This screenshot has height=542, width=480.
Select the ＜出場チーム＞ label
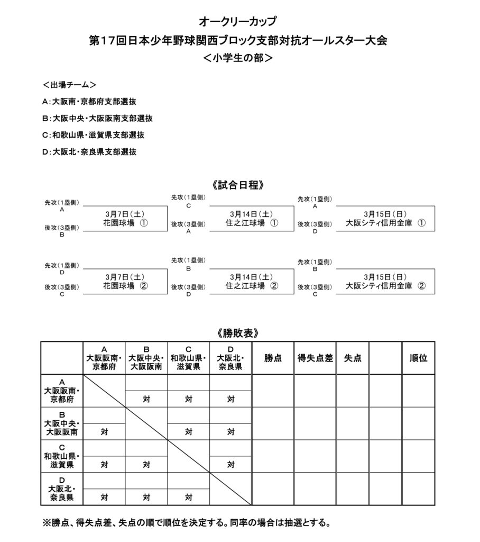[x=69, y=85]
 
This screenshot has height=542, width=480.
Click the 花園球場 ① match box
[x=125, y=219]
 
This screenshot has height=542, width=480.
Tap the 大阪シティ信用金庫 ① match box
[x=385, y=219]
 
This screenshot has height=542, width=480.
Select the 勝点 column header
[x=273, y=358]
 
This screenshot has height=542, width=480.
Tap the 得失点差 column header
[x=315, y=358]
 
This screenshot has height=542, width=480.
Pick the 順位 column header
[x=418, y=358]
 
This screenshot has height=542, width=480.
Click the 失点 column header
[x=353, y=358]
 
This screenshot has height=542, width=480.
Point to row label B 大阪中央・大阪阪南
[x=62, y=423]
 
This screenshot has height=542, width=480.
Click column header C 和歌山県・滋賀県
[x=188, y=358]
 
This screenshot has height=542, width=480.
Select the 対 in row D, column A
[x=104, y=497]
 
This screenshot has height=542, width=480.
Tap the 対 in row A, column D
[x=230, y=400]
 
